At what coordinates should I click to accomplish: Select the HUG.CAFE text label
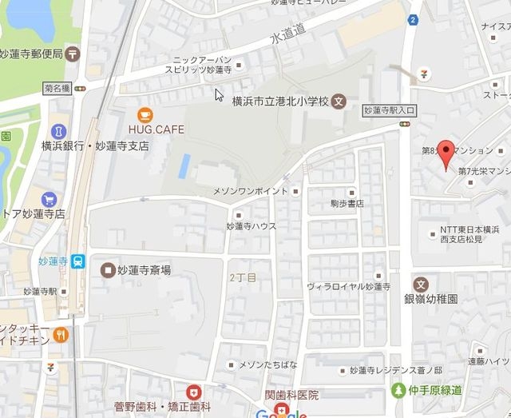pos(155,129)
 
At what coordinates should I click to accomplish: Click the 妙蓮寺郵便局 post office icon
pos(74,54)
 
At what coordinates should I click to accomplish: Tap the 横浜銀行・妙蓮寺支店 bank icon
pos(57,130)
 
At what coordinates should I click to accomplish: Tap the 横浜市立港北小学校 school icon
pos(339,101)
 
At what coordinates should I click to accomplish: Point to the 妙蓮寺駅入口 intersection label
pos(386,110)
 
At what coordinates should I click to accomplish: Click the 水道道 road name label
pos(289,36)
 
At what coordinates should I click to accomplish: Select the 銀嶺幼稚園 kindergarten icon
pos(421,284)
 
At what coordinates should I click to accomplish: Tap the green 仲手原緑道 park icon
pos(398,390)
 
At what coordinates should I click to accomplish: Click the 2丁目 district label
pos(243,277)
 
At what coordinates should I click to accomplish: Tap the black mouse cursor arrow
pos(219,95)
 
